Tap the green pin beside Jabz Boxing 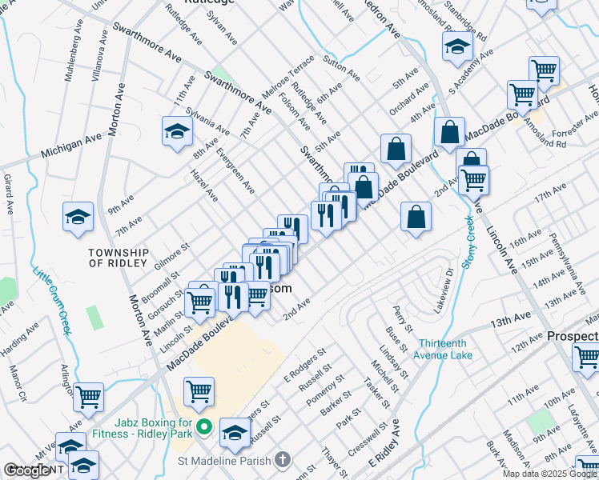[203, 430]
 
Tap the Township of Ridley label [118, 258]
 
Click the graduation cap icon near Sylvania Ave [177, 132]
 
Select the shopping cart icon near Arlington [88, 396]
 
